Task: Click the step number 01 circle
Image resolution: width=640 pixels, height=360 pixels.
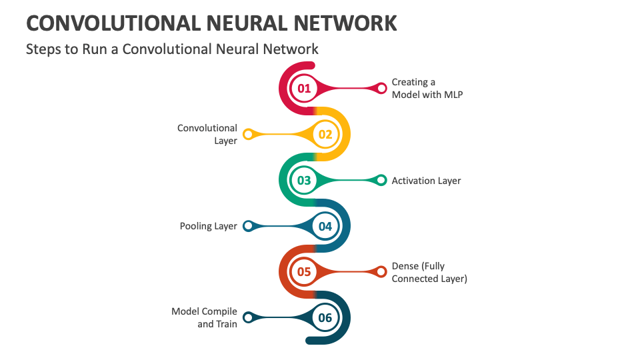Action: click(304, 88)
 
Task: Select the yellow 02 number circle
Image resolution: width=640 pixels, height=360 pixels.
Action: click(325, 134)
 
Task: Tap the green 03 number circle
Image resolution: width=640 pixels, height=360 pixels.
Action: click(304, 180)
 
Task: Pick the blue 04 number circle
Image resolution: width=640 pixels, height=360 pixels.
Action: click(325, 226)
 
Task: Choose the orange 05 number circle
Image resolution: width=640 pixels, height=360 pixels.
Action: click(304, 271)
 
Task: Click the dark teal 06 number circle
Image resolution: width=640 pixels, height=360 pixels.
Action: click(325, 317)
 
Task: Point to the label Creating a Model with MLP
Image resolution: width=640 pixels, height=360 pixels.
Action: click(427, 88)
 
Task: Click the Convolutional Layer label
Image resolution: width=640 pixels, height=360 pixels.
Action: click(207, 134)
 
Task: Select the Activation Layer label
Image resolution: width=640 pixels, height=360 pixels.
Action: click(426, 181)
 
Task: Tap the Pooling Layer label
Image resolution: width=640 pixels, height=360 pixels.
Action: click(208, 226)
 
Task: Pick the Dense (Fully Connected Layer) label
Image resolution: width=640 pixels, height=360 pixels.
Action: click(429, 272)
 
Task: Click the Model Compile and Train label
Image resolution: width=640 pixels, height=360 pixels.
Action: click(205, 317)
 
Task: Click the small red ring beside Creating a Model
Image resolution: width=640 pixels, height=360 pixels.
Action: click(381, 88)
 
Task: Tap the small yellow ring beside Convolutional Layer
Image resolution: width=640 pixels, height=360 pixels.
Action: click(248, 134)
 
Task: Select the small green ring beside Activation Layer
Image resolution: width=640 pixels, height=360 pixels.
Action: click(381, 180)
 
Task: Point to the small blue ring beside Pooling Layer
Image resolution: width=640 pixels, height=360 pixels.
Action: click(248, 226)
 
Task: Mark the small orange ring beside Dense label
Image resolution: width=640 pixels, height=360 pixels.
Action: click(381, 271)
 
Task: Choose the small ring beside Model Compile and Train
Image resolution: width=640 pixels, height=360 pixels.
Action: click(248, 317)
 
